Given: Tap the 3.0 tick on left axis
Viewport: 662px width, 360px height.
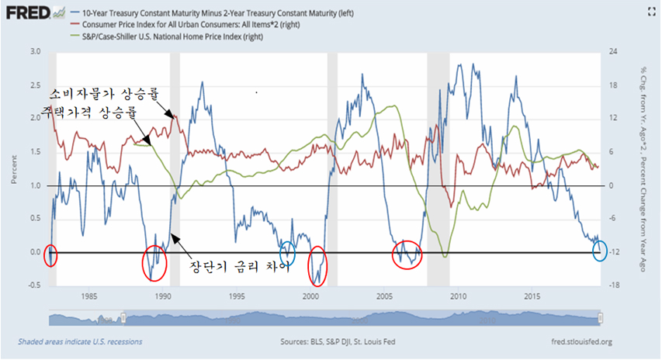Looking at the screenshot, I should (35, 51).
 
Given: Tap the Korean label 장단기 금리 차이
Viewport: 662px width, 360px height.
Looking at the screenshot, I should (240, 266).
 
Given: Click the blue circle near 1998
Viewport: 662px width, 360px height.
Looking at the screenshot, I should (288, 251).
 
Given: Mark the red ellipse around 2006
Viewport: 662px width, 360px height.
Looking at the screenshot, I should (407, 253).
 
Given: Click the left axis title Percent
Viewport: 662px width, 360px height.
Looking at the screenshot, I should (13, 170).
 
